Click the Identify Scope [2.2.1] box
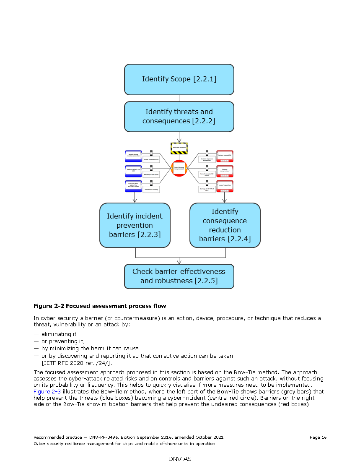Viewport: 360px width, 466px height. pyautogui.click(x=179, y=79)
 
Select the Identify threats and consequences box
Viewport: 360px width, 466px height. pyautogui.click(x=179, y=117)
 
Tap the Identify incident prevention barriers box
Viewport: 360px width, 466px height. pyautogui.click(x=135, y=225)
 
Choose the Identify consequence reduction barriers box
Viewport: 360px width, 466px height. pyautogui.click(x=225, y=225)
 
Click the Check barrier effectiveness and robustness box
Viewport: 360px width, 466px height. pyautogui.click(x=179, y=276)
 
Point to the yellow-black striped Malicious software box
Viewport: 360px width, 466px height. pyautogui.click(x=179, y=148)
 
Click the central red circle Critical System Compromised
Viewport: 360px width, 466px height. pyautogui.click(x=179, y=168)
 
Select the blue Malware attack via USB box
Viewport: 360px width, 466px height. pyautogui.click(x=133, y=171)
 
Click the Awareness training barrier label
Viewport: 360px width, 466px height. pyautogui.click(x=151, y=190)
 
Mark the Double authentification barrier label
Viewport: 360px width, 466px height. pyautogui.click(x=151, y=160)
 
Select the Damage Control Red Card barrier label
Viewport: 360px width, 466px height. pyautogui.click(x=207, y=190)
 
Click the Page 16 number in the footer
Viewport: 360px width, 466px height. pyautogui.click(x=318, y=437)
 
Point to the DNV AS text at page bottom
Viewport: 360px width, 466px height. pyautogui.click(x=180, y=459)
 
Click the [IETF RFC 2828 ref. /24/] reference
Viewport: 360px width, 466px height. pyautogui.click(x=76, y=363)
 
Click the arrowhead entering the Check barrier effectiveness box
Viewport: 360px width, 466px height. pyautogui.click(x=179, y=262)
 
